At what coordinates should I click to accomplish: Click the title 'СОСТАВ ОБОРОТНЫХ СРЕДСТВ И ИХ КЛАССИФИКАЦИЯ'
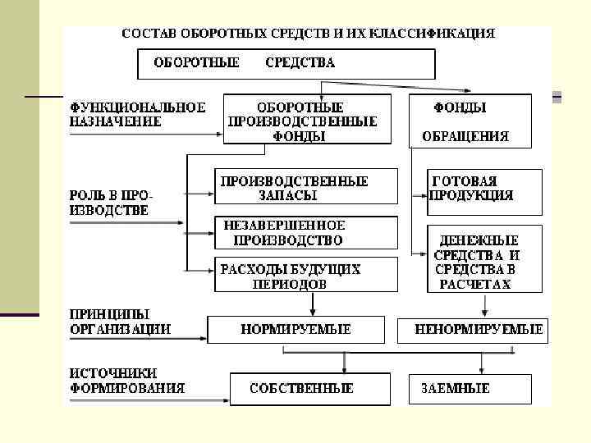(308, 34)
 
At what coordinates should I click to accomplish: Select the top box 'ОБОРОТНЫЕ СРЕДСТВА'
(285, 63)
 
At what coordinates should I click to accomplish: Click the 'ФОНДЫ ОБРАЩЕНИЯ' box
(470, 121)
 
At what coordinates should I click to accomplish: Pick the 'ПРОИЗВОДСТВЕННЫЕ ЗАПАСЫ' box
(305, 188)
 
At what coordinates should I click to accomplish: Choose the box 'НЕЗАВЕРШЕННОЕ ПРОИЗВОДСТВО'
(305, 233)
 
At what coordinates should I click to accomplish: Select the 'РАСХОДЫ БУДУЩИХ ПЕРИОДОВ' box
(305, 276)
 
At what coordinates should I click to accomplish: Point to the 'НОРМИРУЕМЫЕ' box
(295, 330)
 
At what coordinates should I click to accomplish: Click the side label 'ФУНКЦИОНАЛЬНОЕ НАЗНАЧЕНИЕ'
(136, 114)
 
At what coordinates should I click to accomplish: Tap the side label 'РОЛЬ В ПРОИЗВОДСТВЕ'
(110, 203)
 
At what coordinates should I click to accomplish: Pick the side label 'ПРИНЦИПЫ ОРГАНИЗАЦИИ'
(120, 322)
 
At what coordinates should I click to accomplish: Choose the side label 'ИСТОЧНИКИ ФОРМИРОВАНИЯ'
(126, 381)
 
